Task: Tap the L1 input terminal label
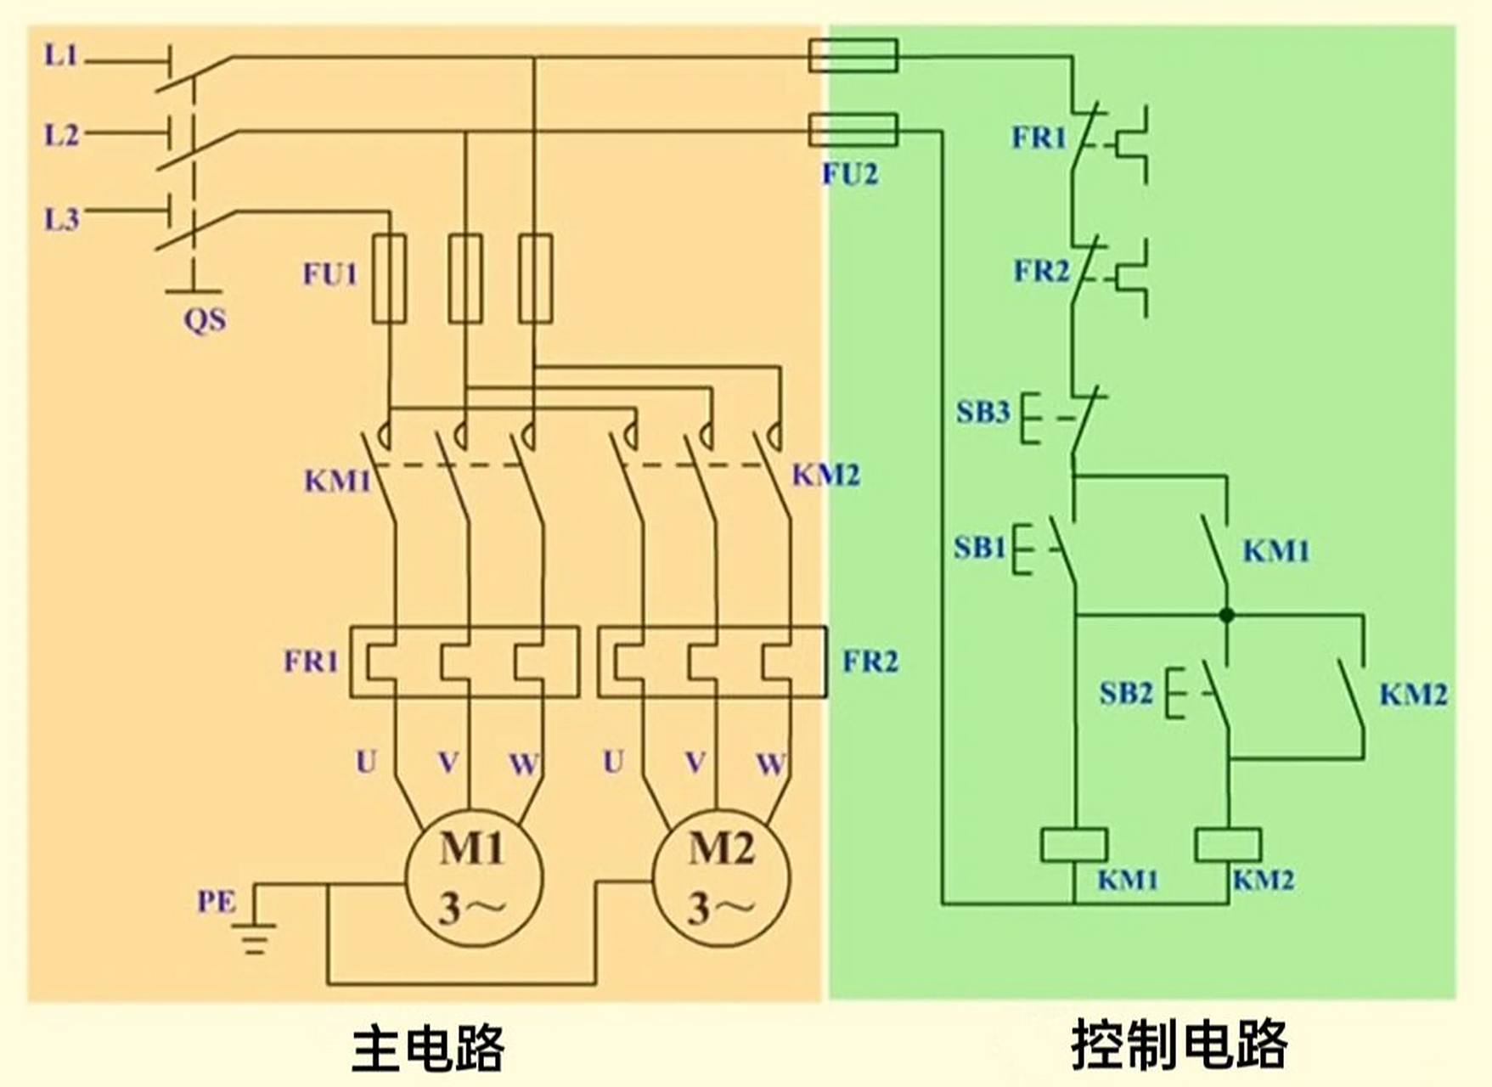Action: click(x=61, y=56)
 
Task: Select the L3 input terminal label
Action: click(x=61, y=219)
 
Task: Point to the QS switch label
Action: click(x=205, y=320)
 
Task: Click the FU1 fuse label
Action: click(x=330, y=274)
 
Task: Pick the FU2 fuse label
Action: click(x=849, y=174)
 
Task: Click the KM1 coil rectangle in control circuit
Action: click(x=1074, y=845)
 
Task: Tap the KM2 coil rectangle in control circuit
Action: click(x=1228, y=845)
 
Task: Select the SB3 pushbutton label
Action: click(x=982, y=412)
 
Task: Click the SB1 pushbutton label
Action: click(x=979, y=548)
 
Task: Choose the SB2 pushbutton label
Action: click(x=1125, y=694)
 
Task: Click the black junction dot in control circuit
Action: click(x=1226, y=615)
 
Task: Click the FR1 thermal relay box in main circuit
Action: click(x=464, y=662)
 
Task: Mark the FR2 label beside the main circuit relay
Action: click(x=870, y=661)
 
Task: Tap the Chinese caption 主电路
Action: click(x=428, y=1048)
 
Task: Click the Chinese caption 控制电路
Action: click(x=1179, y=1045)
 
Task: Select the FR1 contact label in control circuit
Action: click(x=1038, y=137)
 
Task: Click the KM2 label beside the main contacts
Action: click(x=825, y=475)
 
